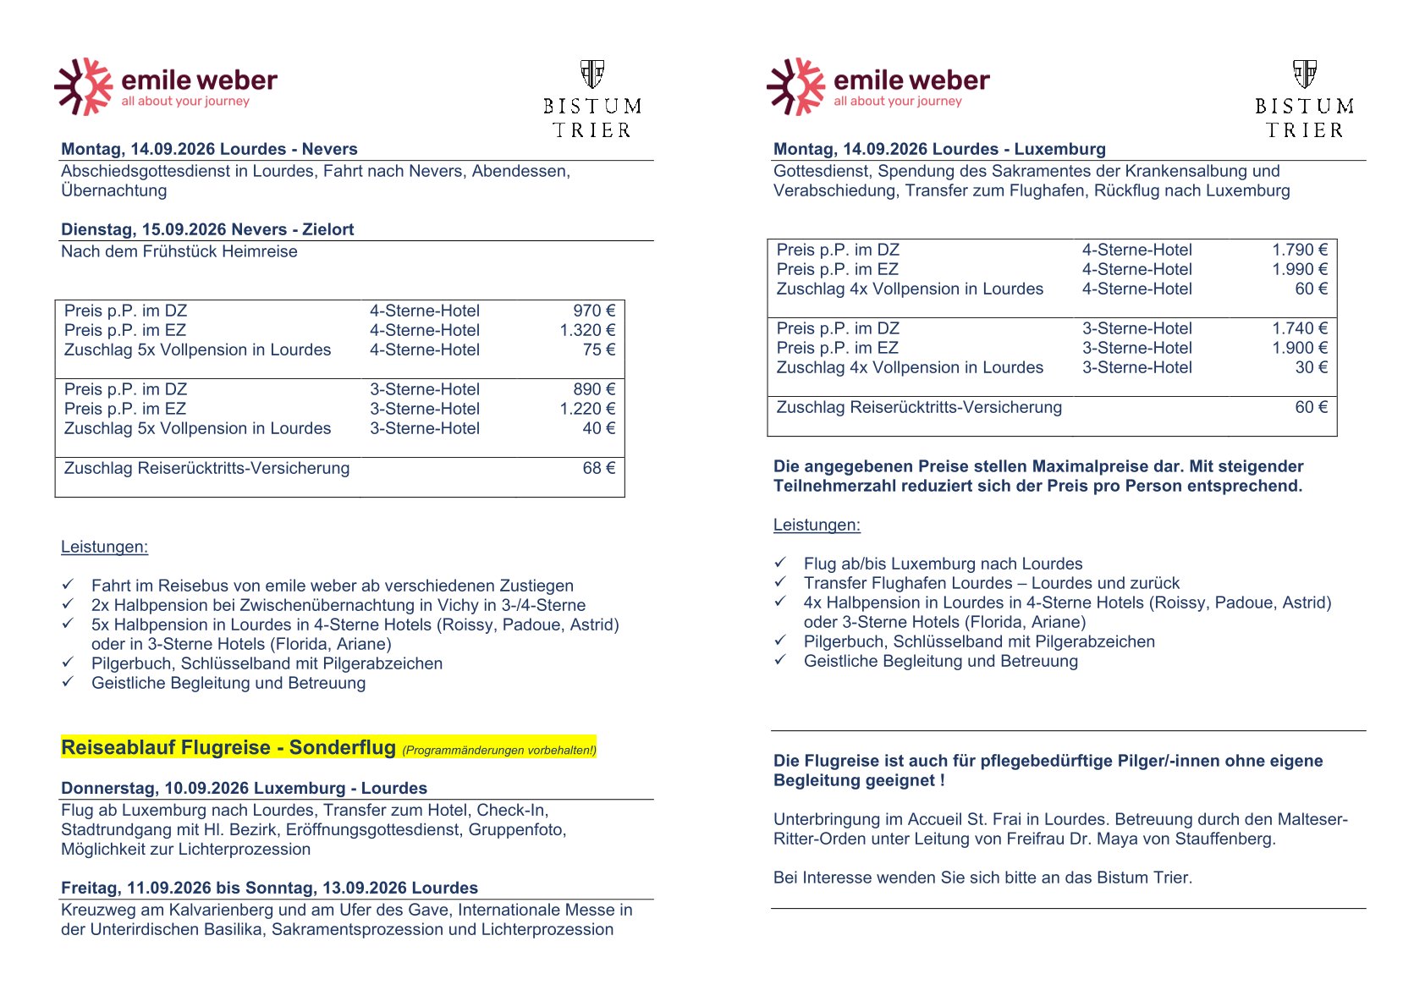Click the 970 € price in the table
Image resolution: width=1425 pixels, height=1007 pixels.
[593, 311]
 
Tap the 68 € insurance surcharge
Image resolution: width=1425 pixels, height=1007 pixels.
[598, 468]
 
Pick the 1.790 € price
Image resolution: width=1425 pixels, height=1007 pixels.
[1299, 250]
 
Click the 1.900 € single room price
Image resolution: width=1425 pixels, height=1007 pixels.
[1299, 348]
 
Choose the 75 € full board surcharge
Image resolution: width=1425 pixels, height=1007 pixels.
[598, 349]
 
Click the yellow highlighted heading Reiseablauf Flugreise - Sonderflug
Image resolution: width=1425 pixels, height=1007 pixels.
[228, 747]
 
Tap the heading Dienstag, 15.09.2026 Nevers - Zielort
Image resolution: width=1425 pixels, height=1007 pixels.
[207, 229]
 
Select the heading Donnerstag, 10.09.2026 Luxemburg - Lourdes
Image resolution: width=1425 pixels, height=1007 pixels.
[244, 788]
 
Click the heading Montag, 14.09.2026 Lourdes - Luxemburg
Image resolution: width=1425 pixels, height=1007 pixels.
[939, 149]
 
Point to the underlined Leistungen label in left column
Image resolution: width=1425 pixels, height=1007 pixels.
[104, 547]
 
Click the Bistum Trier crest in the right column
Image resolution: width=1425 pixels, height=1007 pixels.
[1304, 74]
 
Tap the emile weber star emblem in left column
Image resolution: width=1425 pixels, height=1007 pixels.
[83, 86]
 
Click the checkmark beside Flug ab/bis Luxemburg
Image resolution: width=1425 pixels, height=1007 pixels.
[780, 563]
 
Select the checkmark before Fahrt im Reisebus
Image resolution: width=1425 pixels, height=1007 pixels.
[68, 585]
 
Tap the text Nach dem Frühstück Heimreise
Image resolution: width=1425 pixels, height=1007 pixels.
[179, 251]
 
